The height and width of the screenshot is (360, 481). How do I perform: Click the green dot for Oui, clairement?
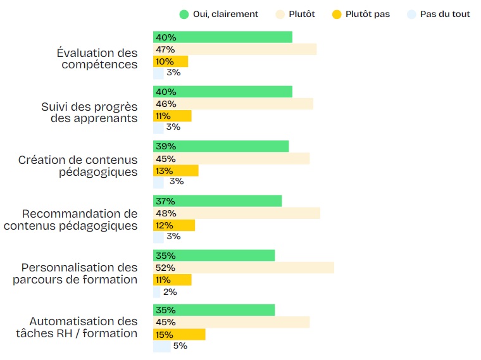tap(184, 14)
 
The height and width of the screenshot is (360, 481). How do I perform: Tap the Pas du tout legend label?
tap(445, 14)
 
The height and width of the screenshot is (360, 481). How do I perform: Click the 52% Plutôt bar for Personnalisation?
tap(244, 268)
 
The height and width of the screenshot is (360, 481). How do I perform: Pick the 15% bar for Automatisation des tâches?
tap(179, 334)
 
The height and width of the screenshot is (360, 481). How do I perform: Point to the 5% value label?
tap(180, 346)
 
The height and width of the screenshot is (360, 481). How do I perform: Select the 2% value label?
tap(170, 292)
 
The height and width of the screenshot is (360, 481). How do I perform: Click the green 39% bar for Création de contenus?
tap(221, 146)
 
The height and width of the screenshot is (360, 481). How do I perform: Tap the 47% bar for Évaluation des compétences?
tap(235, 49)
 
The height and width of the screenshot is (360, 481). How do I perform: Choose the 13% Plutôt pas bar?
tap(175, 170)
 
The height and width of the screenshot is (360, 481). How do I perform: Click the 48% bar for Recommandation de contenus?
tap(237, 213)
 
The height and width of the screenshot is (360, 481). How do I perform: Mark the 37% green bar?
tap(217, 201)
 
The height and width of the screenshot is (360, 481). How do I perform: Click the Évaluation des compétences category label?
tap(97, 59)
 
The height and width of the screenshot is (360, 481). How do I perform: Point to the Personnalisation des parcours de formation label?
tap(75, 273)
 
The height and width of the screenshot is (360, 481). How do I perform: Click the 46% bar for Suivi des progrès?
tap(233, 104)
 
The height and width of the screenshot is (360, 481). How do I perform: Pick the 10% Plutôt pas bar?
tap(170, 61)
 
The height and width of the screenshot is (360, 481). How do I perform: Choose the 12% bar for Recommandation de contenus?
tap(174, 225)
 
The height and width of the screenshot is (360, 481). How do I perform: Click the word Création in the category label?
tap(44, 160)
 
